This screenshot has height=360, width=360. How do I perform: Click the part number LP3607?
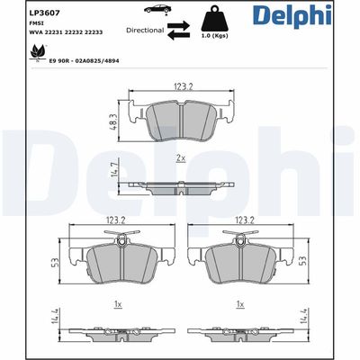tap(43, 13)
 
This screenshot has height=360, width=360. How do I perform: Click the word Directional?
tap(145, 30)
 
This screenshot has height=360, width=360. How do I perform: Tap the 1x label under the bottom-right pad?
tap(239, 305)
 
